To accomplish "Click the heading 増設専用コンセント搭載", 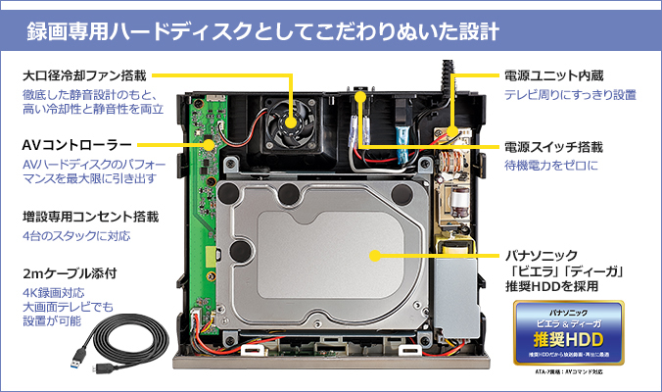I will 90,216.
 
